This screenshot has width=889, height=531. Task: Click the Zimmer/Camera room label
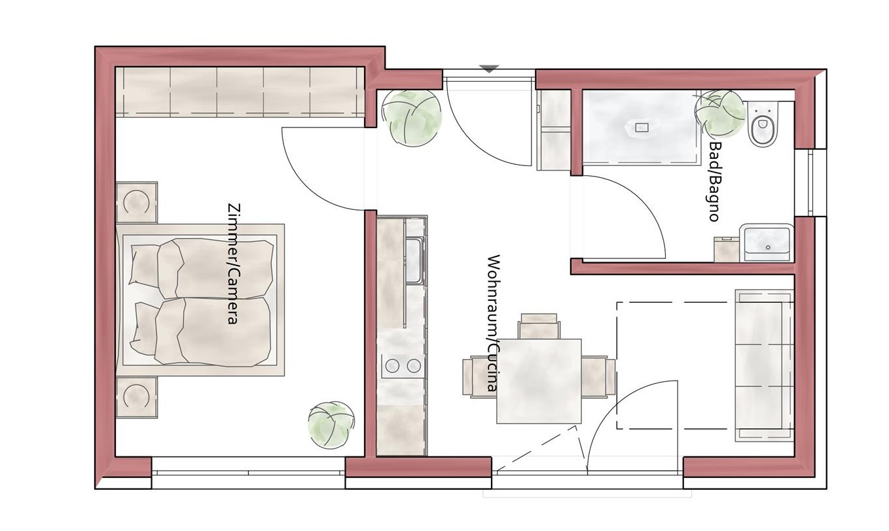point(233,264)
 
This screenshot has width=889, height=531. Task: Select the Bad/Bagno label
point(714,181)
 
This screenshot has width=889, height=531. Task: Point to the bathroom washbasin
point(767,242)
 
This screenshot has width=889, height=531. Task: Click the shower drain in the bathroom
point(642,128)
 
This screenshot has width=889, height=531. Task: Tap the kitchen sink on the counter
point(414,260)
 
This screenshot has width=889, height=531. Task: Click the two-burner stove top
point(403,366)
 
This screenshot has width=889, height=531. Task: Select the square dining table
point(539,381)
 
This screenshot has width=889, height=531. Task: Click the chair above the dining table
point(539,326)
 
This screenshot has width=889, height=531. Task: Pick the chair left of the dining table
point(479,377)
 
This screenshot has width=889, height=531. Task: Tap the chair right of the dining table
point(598,376)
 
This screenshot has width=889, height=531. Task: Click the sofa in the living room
point(764,366)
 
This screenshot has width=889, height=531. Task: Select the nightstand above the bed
point(137,202)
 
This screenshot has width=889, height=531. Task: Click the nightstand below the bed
point(137,397)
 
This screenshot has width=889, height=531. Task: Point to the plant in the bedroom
point(331,425)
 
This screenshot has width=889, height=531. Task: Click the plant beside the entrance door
point(411,118)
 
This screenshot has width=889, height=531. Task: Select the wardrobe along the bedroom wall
point(240,92)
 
